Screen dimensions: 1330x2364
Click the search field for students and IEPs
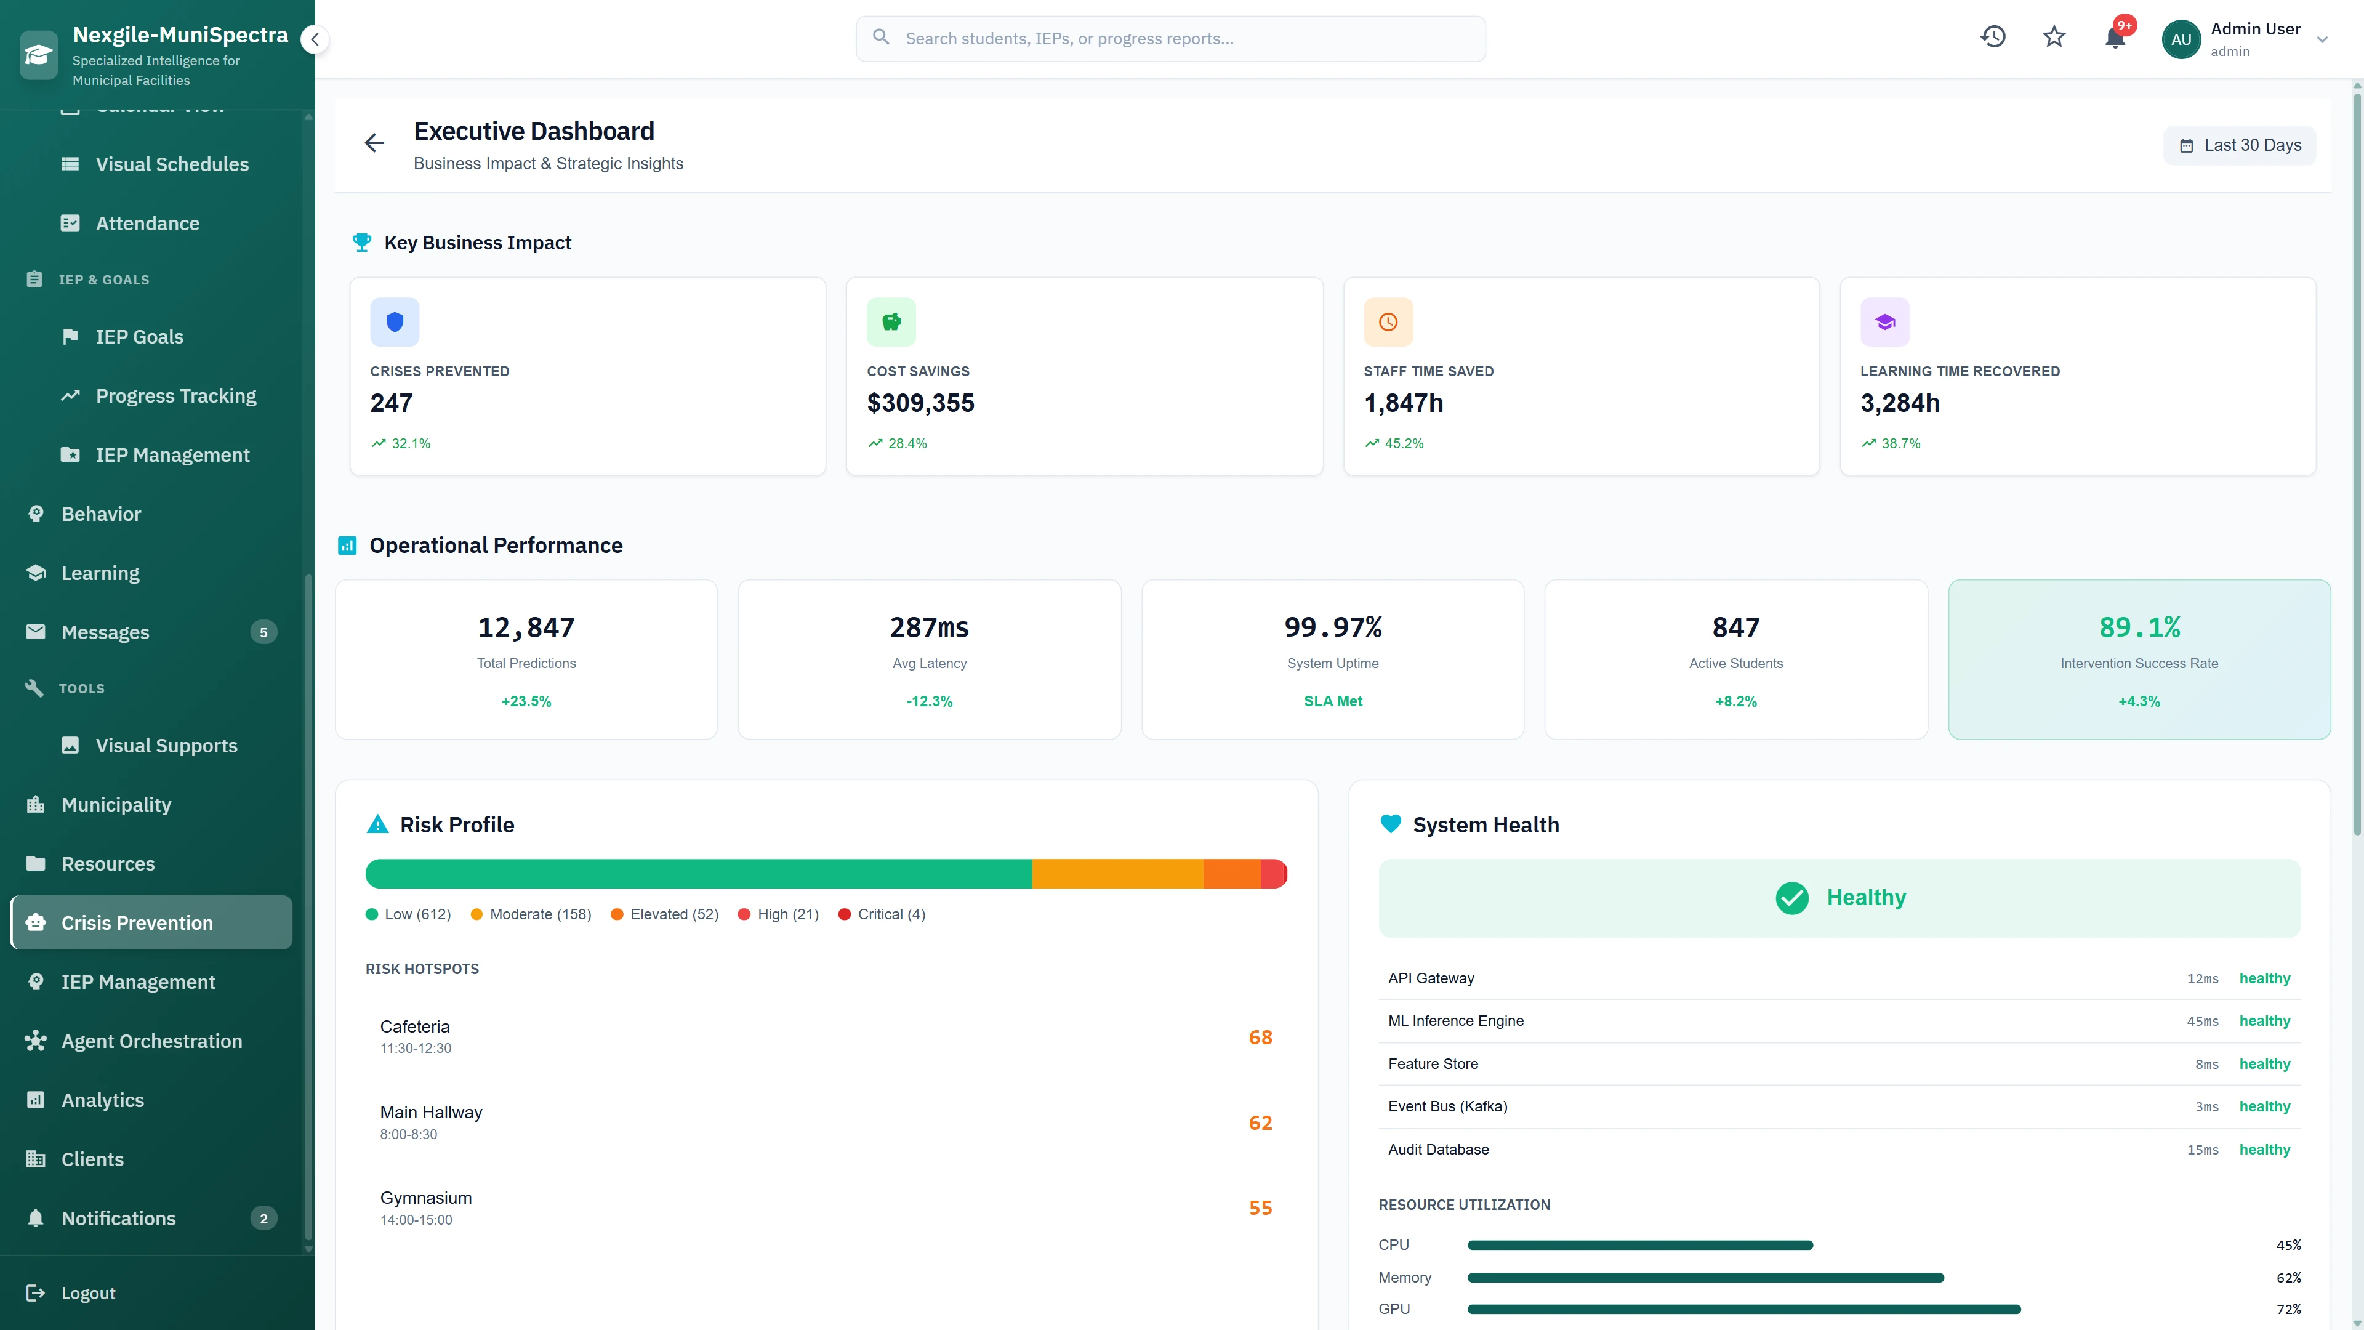pyautogui.click(x=1170, y=39)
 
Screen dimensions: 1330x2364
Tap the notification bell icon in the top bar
pyautogui.click(x=2115, y=38)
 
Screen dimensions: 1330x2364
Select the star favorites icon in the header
pyautogui.click(x=2054, y=38)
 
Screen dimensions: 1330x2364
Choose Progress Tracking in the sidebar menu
pyautogui.click(x=175, y=395)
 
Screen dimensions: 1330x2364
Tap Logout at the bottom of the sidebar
pyautogui.click(x=87, y=1292)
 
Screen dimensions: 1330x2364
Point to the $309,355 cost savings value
pyautogui.click(x=920, y=403)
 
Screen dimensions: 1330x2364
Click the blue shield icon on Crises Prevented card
pyautogui.click(x=395, y=322)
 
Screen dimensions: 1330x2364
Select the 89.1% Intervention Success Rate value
pyautogui.click(x=2139, y=627)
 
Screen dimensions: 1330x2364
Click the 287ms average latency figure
pyautogui.click(x=929, y=627)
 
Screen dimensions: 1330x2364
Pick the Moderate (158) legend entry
pyautogui.click(x=531, y=914)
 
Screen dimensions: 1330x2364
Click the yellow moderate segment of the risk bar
pyautogui.click(x=1117, y=874)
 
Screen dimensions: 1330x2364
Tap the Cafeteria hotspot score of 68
pyautogui.click(x=1260, y=1037)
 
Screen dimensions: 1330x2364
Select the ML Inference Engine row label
pyautogui.click(x=1455, y=1021)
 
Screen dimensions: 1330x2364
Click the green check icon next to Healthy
pyautogui.click(x=1791, y=898)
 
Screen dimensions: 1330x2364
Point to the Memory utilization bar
pyautogui.click(x=1705, y=1278)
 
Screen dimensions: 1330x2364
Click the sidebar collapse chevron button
pyautogui.click(x=315, y=39)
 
